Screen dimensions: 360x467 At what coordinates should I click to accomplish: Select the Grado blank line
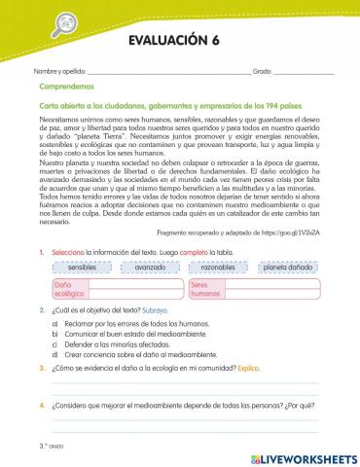pos(304,74)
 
